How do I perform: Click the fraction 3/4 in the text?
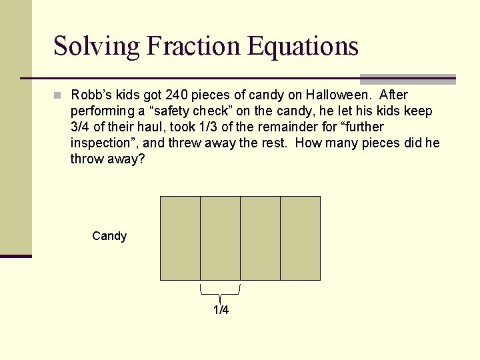click(x=81, y=127)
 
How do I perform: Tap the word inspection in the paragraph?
click(x=103, y=143)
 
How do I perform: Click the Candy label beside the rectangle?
click(x=109, y=236)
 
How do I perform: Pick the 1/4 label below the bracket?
click(x=221, y=310)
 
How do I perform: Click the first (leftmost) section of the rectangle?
click(x=180, y=238)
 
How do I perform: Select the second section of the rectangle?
click(x=220, y=238)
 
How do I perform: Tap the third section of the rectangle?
click(x=260, y=238)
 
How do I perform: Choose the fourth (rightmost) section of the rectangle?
click(x=300, y=238)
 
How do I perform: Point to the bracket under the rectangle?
click(x=221, y=291)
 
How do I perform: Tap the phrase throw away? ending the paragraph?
click(x=107, y=159)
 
